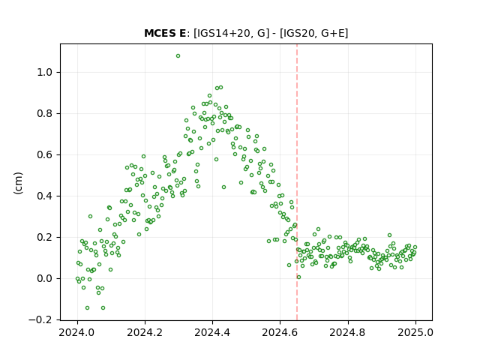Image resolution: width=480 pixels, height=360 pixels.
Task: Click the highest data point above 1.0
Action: pyautogui.click(x=178, y=56)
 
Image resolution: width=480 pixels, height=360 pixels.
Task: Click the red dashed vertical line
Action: pyautogui.click(x=297, y=182)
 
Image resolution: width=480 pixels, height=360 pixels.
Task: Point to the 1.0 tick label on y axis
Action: pyautogui.click(x=45, y=73)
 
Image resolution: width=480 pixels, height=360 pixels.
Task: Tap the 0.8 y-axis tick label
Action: pyautogui.click(x=45, y=113)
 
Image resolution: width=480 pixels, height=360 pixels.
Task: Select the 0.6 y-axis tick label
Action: pyautogui.click(x=45, y=155)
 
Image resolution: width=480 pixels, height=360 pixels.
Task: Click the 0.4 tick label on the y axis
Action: pyautogui.click(x=45, y=196)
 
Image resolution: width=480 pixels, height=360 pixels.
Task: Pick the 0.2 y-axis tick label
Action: pyautogui.click(x=45, y=237)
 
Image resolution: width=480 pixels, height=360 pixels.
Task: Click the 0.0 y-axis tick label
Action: pyautogui.click(x=45, y=278)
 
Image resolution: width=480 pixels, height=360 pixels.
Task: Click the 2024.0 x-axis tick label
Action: pyautogui.click(x=77, y=332)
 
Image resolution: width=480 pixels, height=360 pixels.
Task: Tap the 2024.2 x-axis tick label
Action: pyautogui.click(x=145, y=332)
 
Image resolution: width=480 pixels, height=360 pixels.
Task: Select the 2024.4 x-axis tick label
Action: pyautogui.click(x=212, y=332)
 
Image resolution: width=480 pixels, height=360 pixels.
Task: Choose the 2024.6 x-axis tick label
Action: pyautogui.click(x=280, y=332)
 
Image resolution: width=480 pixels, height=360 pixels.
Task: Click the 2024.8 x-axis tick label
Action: pyautogui.click(x=348, y=332)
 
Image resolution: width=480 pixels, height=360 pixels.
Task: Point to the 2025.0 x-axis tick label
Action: pyautogui.click(x=415, y=332)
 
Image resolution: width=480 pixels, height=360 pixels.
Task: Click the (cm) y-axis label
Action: pyautogui.click(x=18, y=183)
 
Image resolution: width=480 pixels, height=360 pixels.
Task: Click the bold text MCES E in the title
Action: pyautogui.click(x=165, y=33)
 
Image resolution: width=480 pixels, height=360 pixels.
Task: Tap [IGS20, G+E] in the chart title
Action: pyautogui.click(x=314, y=33)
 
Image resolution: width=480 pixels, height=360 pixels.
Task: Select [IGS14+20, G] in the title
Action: pyautogui.click(x=232, y=33)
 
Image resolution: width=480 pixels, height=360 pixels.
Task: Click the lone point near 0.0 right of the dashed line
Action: pyautogui.click(x=298, y=277)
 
